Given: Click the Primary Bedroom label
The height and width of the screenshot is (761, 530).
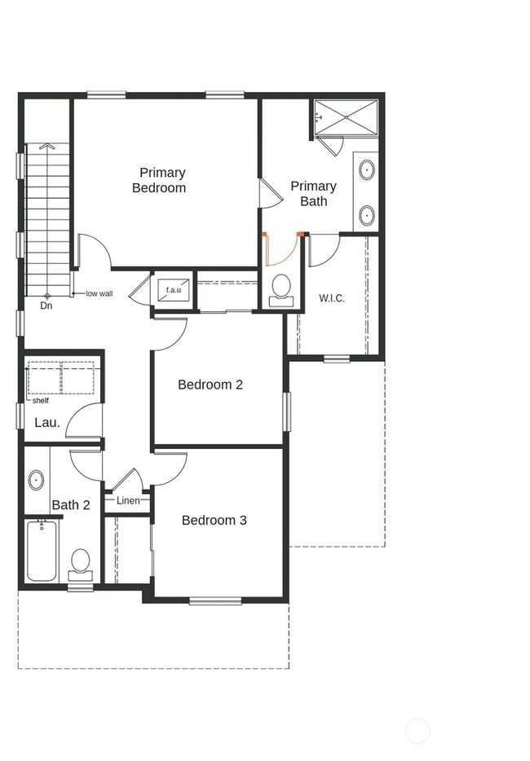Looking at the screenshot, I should point(162,180).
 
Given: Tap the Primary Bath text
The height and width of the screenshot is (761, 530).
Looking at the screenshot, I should point(313,194).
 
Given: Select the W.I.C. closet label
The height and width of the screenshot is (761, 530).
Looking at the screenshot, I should point(331,298).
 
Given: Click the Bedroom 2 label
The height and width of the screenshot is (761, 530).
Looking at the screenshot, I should point(210,385).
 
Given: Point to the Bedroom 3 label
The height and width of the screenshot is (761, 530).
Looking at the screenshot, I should point(214,520).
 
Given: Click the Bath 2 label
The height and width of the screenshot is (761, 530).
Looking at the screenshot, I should point(71,505).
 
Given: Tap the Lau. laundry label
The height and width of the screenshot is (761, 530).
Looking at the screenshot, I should point(47,423).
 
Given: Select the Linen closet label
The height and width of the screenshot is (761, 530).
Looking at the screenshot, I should point(128,500).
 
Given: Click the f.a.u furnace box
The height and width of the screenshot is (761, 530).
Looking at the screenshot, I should point(173,290).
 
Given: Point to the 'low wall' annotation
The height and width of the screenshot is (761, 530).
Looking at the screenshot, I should point(99,293).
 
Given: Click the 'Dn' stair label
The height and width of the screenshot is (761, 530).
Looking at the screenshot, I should point(46,306).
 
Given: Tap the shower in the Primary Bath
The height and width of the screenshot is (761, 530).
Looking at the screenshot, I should point(347,118).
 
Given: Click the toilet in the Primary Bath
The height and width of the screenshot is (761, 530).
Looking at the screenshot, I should point(281,288).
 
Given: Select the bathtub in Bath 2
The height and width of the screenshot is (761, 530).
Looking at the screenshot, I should point(42,551).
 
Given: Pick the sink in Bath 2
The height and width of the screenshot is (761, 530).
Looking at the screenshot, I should point(37,480).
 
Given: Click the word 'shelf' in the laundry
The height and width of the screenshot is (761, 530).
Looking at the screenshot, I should point(40,400).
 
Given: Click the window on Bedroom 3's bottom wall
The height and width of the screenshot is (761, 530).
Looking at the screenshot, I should point(215,601).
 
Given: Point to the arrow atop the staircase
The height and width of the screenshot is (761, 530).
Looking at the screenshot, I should point(47,147).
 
